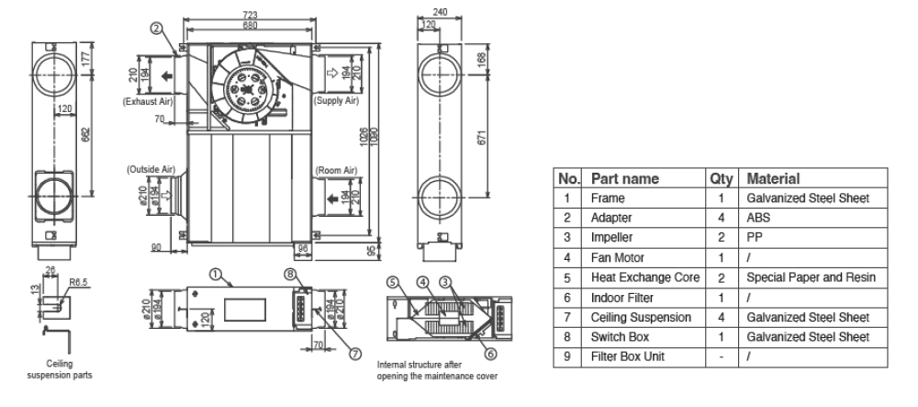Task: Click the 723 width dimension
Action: tap(249, 15)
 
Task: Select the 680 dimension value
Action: tap(249, 25)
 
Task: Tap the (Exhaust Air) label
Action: tap(148, 101)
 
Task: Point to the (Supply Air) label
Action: tap(337, 101)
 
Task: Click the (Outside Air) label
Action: tap(151, 170)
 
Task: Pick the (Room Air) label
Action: tap(337, 170)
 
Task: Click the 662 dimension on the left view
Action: tap(85, 135)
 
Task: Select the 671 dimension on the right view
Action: tap(483, 138)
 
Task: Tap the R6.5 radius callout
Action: tap(78, 282)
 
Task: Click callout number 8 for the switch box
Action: tap(291, 274)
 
